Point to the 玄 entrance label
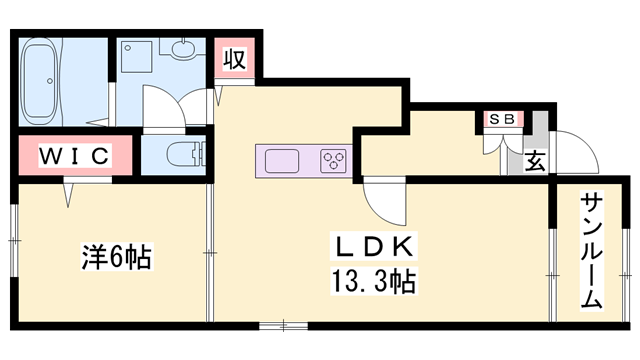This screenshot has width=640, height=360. coord(536,160)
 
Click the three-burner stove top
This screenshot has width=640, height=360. coord(333,161)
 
